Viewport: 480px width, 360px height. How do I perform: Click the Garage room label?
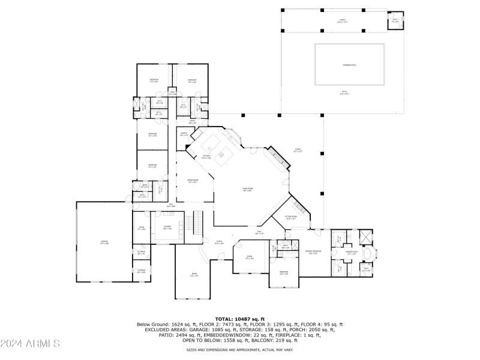pyautogui.click(x=104, y=242)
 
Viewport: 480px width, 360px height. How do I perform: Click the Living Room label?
pyautogui.click(x=247, y=190)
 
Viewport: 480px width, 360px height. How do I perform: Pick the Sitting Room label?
pyautogui.click(x=291, y=217)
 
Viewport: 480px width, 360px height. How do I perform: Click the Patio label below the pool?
pyautogui.click(x=344, y=93)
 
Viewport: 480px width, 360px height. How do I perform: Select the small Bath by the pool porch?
pyautogui.click(x=395, y=19)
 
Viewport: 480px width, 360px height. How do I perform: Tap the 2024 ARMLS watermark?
pyautogui.click(x=30, y=344)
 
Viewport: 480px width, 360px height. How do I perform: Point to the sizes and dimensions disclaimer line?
pyautogui.click(x=239, y=349)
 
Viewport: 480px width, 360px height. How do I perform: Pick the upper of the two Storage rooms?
pyautogui.click(x=141, y=253)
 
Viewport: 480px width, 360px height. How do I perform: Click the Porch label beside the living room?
pyautogui.click(x=297, y=150)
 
